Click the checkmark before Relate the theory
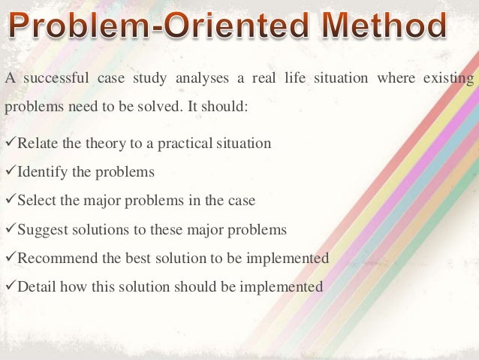pos(10,143)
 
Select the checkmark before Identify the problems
pos(10,171)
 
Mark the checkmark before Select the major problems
pos(10,200)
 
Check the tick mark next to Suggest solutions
pos(10,228)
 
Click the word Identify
pos(42,172)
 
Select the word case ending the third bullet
pos(241,201)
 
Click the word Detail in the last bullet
pos(35,286)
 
